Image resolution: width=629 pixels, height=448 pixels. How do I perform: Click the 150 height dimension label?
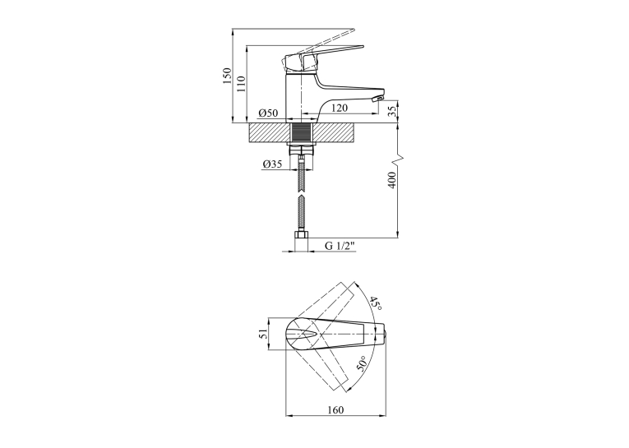(x=228, y=76)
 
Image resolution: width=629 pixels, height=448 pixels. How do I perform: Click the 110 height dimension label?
(x=241, y=84)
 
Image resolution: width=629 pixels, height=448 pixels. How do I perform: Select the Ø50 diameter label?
(x=268, y=113)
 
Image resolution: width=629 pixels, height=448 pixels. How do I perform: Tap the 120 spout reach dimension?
(x=340, y=108)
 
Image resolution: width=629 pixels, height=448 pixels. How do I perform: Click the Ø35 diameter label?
(x=272, y=164)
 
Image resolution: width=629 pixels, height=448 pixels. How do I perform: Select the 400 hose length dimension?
(x=393, y=180)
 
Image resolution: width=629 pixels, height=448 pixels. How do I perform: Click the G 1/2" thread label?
(x=340, y=246)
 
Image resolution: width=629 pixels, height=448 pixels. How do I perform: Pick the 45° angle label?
(x=376, y=304)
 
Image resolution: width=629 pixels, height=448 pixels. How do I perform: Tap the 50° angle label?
(x=361, y=363)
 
